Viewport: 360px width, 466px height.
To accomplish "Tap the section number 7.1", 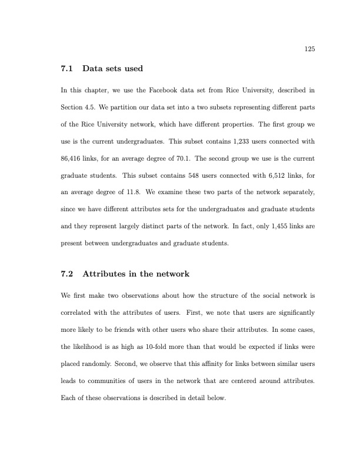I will [67, 69].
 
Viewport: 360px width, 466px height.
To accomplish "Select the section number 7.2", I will [67, 274].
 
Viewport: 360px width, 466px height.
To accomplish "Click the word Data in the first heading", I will [92, 69].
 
